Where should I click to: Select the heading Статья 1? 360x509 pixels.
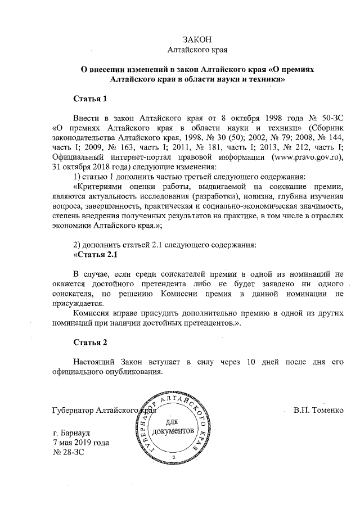(x=90, y=99)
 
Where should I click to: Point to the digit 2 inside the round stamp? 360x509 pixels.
(x=174, y=457)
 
